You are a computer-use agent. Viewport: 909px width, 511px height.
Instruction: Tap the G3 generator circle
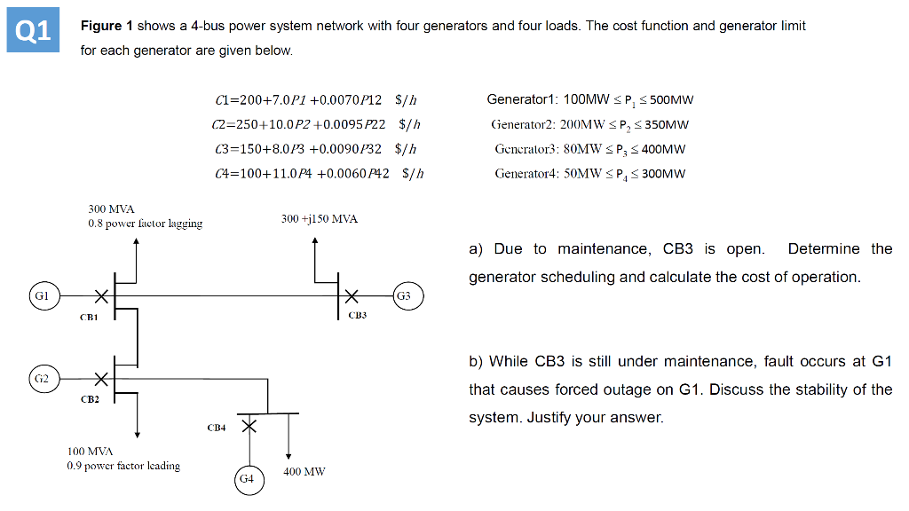(404, 295)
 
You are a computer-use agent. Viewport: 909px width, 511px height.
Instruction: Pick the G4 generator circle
(248, 478)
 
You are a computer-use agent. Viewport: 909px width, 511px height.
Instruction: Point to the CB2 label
(90, 399)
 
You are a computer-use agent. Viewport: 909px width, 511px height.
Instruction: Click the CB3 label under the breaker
(358, 315)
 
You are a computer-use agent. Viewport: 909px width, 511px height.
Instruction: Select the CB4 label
(217, 428)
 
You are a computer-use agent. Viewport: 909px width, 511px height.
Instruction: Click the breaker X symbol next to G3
(352, 295)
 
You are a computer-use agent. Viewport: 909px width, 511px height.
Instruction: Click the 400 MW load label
(304, 472)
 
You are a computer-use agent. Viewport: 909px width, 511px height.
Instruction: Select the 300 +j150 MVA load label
(319, 218)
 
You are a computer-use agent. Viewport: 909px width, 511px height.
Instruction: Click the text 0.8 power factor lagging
(145, 224)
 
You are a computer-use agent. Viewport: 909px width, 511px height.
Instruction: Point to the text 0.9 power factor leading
(123, 466)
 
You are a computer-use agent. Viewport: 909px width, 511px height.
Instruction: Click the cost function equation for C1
(316, 100)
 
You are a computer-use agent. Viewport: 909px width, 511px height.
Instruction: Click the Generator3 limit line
(589, 149)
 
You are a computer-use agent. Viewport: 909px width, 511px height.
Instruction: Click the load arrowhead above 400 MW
(289, 456)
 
